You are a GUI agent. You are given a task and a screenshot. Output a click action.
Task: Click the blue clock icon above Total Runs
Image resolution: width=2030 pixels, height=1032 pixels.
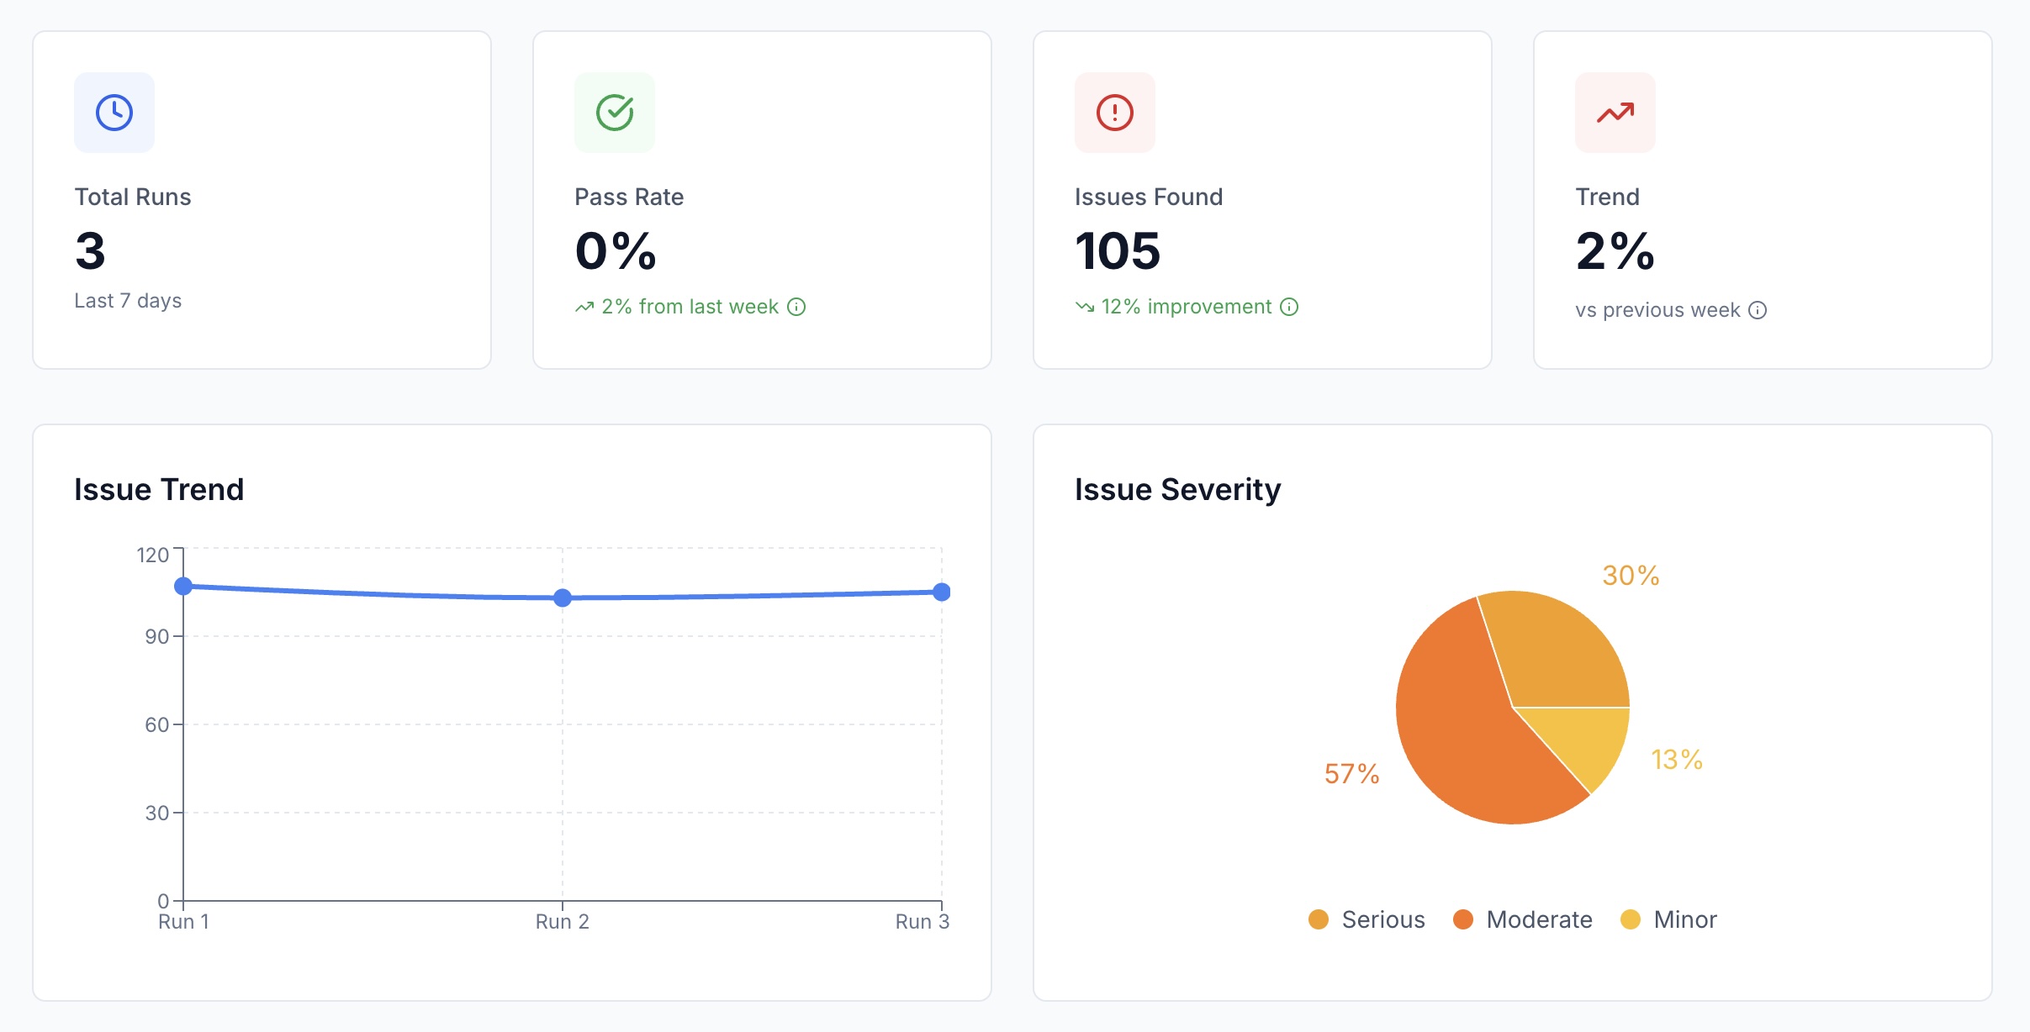[114, 113]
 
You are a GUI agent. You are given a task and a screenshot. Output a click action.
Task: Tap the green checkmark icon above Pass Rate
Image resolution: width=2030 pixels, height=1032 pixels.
[615, 113]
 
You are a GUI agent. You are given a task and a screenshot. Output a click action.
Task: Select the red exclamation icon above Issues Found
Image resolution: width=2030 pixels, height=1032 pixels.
[1115, 113]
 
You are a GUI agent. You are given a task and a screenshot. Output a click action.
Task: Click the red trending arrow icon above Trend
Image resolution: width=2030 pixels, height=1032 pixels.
[1615, 113]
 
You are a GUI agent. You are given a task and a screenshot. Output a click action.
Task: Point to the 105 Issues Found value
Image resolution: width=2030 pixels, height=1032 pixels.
[1118, 251]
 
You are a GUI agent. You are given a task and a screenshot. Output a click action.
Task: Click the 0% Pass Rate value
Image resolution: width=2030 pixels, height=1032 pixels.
[616, 251]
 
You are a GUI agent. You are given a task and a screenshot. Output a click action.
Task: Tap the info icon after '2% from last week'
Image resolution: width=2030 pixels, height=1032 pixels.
[796, 307]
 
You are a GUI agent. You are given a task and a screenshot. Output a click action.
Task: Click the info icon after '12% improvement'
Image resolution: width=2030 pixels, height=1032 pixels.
[1289, 307]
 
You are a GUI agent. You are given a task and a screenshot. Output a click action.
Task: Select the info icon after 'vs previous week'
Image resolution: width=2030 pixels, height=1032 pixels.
[1758, 310]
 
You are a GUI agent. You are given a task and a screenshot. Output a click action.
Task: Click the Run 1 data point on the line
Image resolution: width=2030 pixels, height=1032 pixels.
[183, 586]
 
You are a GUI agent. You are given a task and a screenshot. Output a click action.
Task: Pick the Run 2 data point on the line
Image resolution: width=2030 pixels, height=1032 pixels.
[563, 598]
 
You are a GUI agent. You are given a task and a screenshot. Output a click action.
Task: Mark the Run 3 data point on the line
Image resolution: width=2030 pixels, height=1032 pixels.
[942, 592]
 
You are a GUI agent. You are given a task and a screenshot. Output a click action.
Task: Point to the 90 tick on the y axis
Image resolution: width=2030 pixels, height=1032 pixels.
[157, 636]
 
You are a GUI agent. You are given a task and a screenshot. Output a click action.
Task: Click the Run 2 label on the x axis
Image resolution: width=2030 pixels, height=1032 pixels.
[563, 922]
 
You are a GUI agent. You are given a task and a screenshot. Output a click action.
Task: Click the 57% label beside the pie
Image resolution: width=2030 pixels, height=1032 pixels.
[1351, 774]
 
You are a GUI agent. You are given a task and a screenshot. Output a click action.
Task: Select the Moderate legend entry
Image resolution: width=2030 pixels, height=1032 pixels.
[1523, 919]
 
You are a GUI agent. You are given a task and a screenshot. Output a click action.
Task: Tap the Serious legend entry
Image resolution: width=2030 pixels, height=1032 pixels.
[1367, 919]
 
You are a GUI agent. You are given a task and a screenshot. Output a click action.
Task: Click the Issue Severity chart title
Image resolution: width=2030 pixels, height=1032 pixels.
[1177, 489]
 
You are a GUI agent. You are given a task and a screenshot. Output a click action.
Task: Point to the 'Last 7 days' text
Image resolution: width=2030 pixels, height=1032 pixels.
[128, 301]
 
